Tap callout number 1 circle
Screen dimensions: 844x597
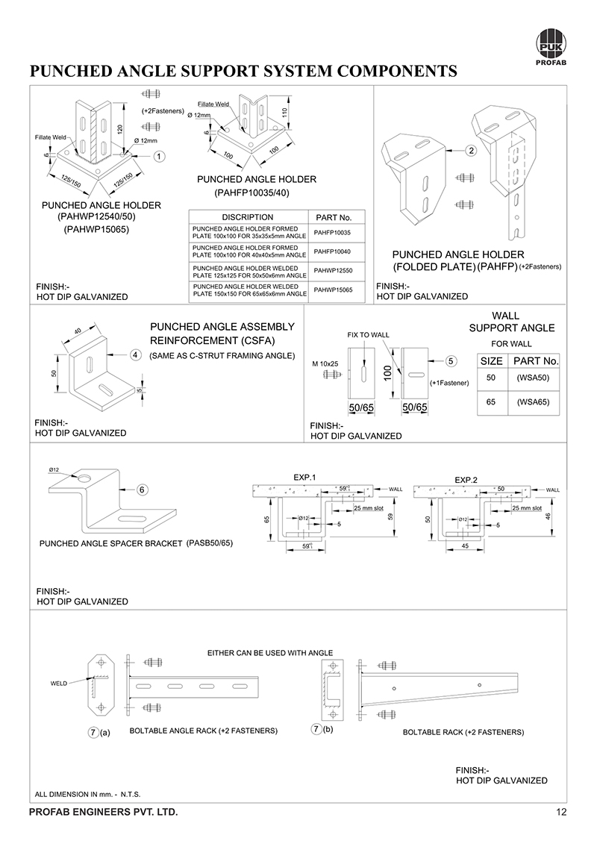pos(160,157)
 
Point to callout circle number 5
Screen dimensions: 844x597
pos(451,361)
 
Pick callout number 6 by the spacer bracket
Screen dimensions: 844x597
pos(142,490)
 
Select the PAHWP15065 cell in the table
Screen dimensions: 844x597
pos(334,289)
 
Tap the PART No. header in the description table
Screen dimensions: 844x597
pos(334,217)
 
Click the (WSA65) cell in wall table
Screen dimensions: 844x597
pos(533,401)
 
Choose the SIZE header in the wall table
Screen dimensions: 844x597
pos(490,360)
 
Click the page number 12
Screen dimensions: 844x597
pos(562,812)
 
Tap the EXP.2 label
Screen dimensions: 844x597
pos(466,478)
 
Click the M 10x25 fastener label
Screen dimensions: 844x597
pos(326,363)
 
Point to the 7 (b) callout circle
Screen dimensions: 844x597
pos(317,729)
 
